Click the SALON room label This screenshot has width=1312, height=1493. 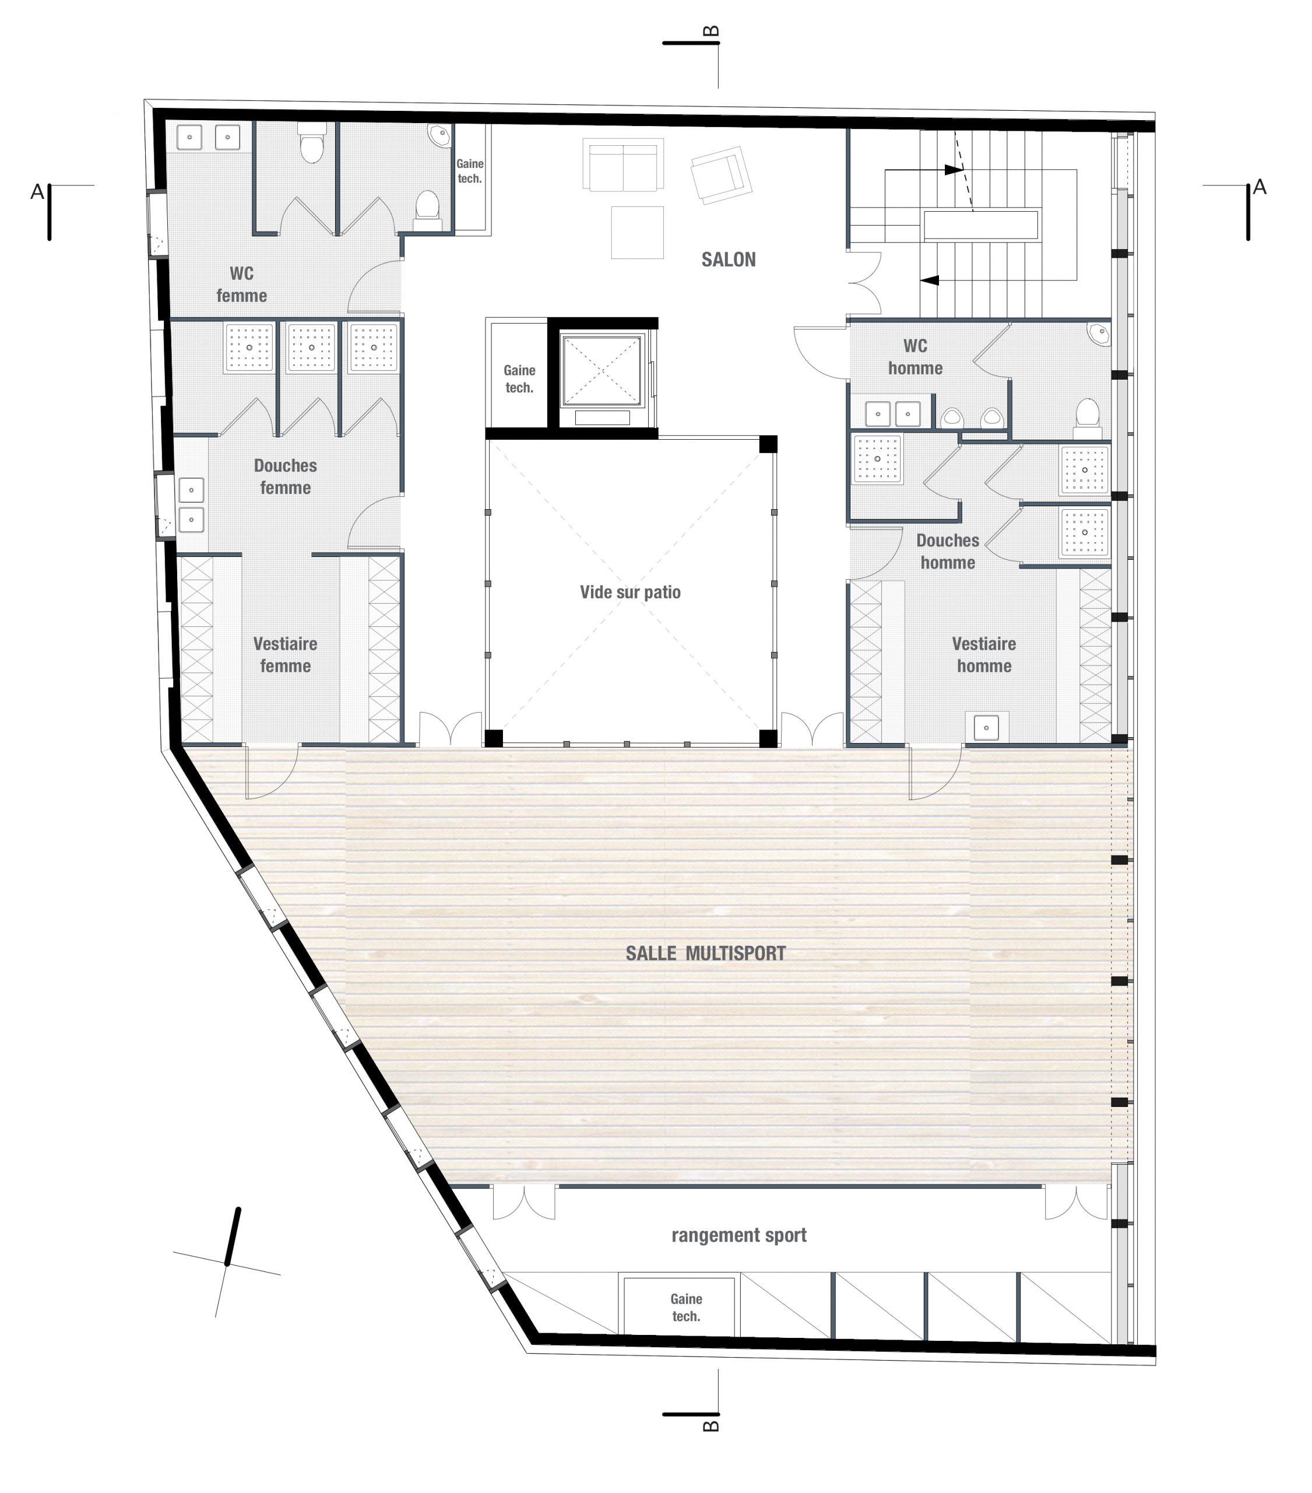click(x=728, y=260)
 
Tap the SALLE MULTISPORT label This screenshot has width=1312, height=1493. click(x=705, y=953)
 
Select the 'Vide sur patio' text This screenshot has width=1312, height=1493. click(x=630, y=593)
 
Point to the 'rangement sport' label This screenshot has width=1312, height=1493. click(x=739, y=1235)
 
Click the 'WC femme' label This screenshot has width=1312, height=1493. click(x=242, y=284)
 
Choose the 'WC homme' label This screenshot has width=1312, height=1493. click(x=915, y=356)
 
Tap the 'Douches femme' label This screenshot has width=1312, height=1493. click(x=286, y=476)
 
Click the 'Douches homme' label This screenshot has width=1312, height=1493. click(x=948, y=552)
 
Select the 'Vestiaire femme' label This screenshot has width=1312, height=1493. click(x=286, y=654)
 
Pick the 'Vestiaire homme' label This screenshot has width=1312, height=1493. click(x=984, y=654)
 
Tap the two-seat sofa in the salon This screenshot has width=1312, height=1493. click(x=623, y=165)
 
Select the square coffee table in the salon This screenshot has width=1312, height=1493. click(x=638, y=232)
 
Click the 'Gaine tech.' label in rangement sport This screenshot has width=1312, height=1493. click(x=686, y=1308)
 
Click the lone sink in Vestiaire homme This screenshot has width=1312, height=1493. click(x=986, y=727)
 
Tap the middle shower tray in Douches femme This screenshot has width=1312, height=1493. click(x=312, y=348)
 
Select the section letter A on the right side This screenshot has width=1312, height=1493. click(x=1260, y=188)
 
